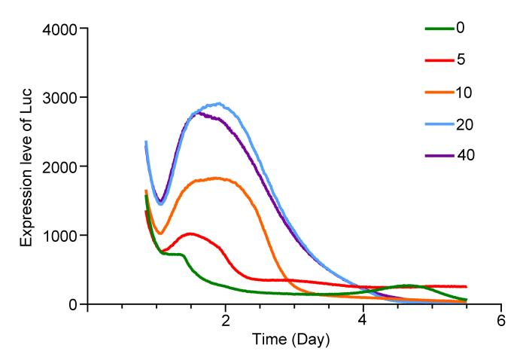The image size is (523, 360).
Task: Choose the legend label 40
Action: (465, 155)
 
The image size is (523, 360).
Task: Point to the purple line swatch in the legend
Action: (438, 155)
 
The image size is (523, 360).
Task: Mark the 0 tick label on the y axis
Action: (74, 304)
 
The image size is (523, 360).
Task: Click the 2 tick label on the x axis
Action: (226, 320)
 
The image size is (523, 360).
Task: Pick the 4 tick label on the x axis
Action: (363, 320)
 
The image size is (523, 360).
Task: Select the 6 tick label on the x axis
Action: (501, 320)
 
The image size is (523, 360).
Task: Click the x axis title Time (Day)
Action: (290, 340)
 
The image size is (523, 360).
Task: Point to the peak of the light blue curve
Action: (218, 103)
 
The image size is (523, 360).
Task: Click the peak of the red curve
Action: (190, 233)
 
